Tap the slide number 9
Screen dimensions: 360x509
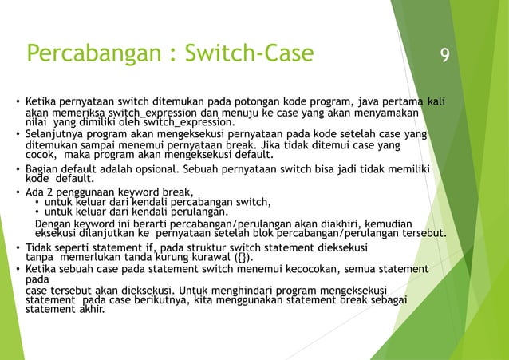[444, 56]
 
